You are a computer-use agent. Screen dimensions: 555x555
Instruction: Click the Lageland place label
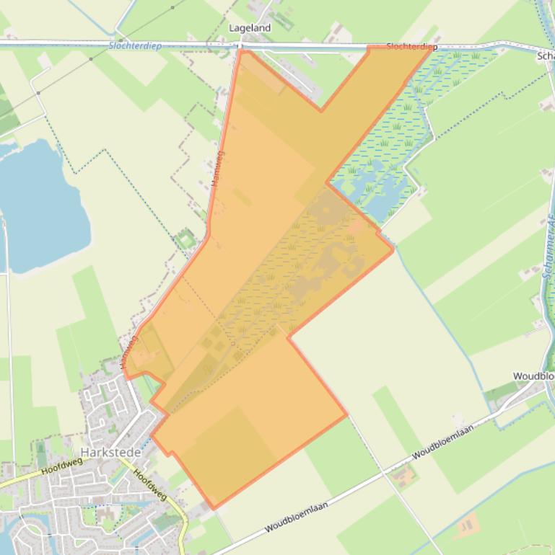249,27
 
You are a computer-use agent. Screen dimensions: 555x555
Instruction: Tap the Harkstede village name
107,452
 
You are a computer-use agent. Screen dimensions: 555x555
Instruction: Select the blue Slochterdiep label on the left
135,45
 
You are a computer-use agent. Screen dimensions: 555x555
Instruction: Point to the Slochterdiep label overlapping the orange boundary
411,47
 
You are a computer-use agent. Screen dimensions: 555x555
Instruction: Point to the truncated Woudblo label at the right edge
533,376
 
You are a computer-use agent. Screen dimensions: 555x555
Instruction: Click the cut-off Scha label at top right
546,55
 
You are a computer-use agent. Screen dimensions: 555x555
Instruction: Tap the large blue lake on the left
40,205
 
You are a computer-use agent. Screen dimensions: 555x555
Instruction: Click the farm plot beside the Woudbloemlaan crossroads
405,475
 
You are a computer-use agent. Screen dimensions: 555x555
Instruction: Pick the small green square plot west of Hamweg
186,239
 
